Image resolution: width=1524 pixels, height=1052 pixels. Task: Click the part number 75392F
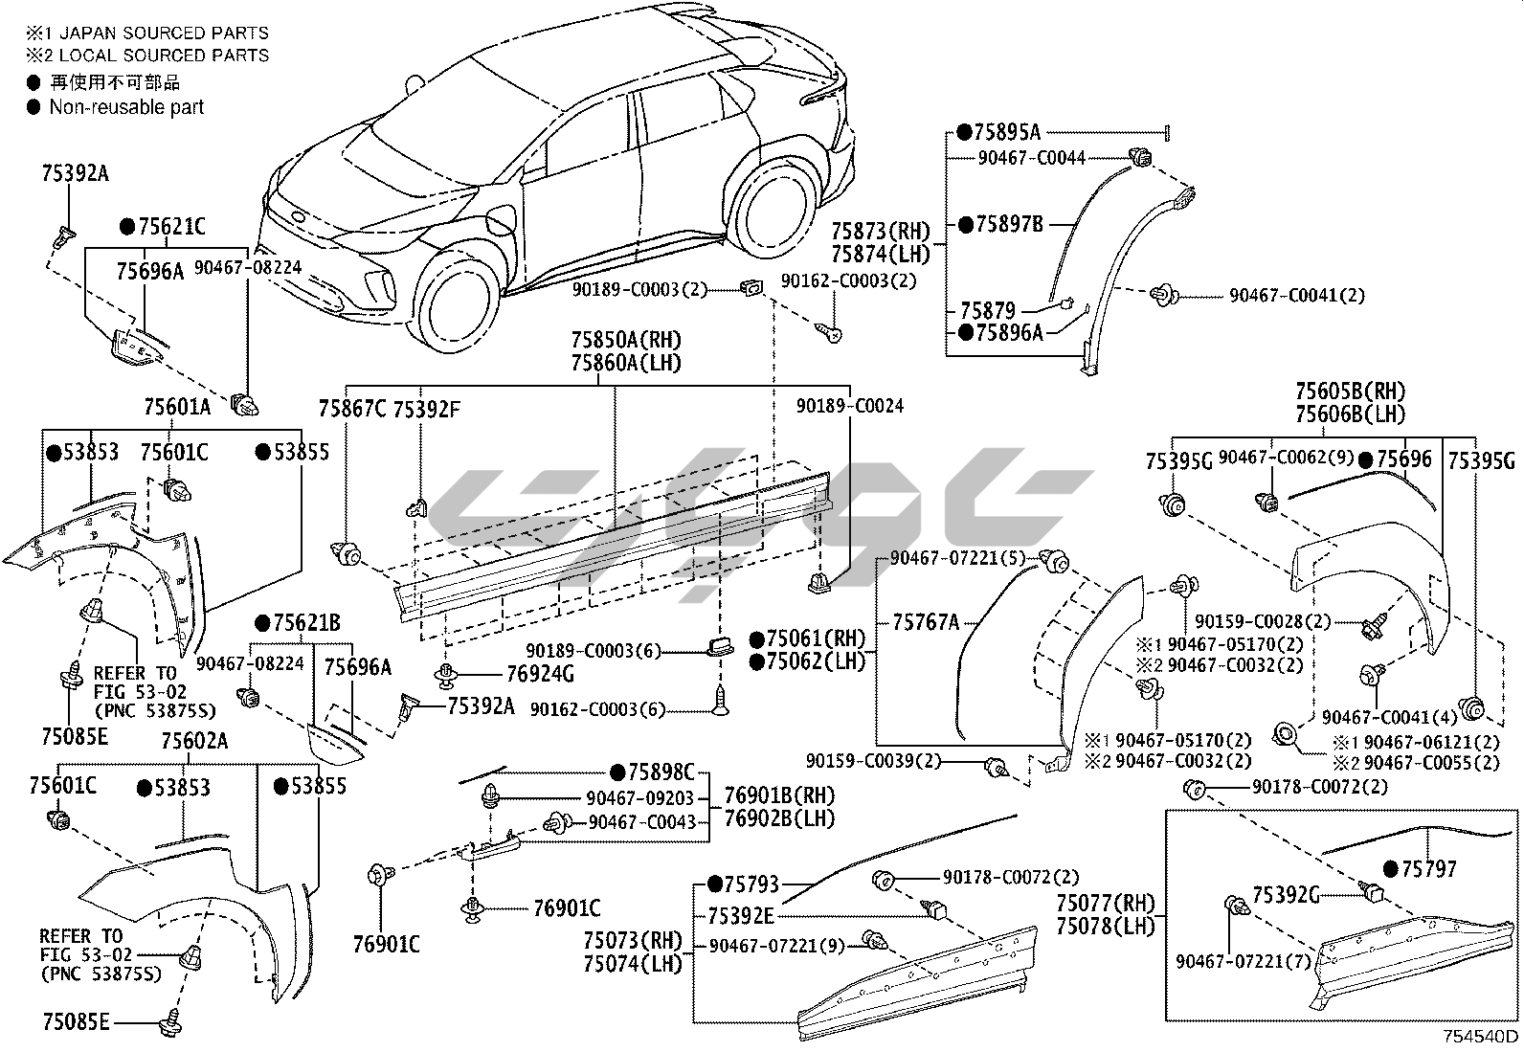click(x=428, y=409)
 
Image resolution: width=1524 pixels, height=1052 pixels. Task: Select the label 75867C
click(x=352, y=409)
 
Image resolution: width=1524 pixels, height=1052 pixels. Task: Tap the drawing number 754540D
click(x=1482, y=1037)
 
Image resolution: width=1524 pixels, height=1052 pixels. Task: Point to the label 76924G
click(x=540, y=674)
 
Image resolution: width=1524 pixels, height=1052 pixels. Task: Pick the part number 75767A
click(x=925, y=622)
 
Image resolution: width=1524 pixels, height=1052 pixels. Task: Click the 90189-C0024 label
click(x=850, y=406)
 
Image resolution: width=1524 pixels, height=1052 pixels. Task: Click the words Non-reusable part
click(x=126, y=107)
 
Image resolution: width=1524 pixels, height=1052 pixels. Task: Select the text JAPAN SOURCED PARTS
click(x=158, y=34)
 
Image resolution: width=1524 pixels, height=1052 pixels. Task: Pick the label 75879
click(x=987, y=310)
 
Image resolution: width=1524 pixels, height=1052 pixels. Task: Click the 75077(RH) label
click(x=1106, y=904)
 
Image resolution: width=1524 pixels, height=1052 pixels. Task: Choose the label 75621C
click(x=169, y=227)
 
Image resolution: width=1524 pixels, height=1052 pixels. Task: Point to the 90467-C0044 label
click(x=1032, y=157)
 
